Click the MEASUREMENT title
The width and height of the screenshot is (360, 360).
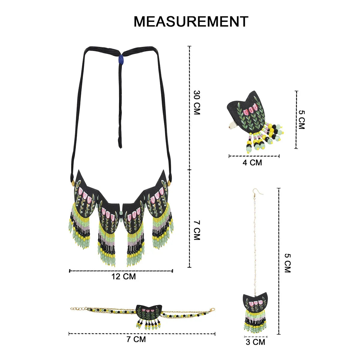pyautogui.click(x=191, y=22)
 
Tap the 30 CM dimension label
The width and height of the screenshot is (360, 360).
pyautogui.click(x=196, y=103)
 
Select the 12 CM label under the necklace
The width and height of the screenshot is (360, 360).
pyautogui.click(x=124, y=276)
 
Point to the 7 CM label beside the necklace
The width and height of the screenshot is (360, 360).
pyautogui.click(x=196, y=230)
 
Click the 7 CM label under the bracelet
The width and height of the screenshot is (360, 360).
pyautogui.click(x=136, y=339)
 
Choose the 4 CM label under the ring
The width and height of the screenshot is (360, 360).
pyautogui.click(x=252, y=163)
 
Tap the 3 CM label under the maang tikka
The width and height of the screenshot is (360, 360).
pyautogui.click(x=255, y=342)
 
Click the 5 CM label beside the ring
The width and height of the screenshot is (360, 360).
pyautogui.click(x=301, y=120)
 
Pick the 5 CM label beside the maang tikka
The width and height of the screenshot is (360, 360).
pyautogui.click(x=287, y=263)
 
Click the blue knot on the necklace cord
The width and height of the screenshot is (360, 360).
pyautogui.click(x=121, y=59)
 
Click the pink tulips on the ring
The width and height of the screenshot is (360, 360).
pyautogui.click(x=251, y=109)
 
